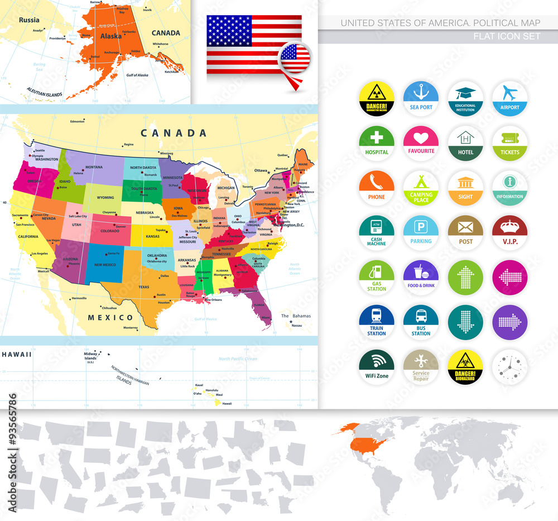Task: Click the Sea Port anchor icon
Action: [x=421, y=99]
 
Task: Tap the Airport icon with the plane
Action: [x=509, y=99]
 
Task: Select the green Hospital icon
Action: [x=377, y=143]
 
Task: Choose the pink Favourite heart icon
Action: [x=421, y=143]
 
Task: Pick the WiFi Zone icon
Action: [x=377, y=366]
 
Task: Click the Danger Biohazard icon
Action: [x=465, y=366]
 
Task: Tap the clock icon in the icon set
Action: [x=509, y=366]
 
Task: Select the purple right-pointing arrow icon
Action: [x=509, y=322]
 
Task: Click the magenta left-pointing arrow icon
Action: [x=509, y=277]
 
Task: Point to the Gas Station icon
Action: [x=377, y=277]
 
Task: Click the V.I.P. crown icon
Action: [x=509, y=232]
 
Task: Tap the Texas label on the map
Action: [x=144, y=287]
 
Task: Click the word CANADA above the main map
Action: [x=174, y=133]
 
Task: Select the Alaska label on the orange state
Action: [x=110, y=36]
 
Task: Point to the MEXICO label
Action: [x=110, y=317]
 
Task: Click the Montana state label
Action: [x=94, y=167]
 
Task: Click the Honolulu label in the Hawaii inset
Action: [x=211, y=390]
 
